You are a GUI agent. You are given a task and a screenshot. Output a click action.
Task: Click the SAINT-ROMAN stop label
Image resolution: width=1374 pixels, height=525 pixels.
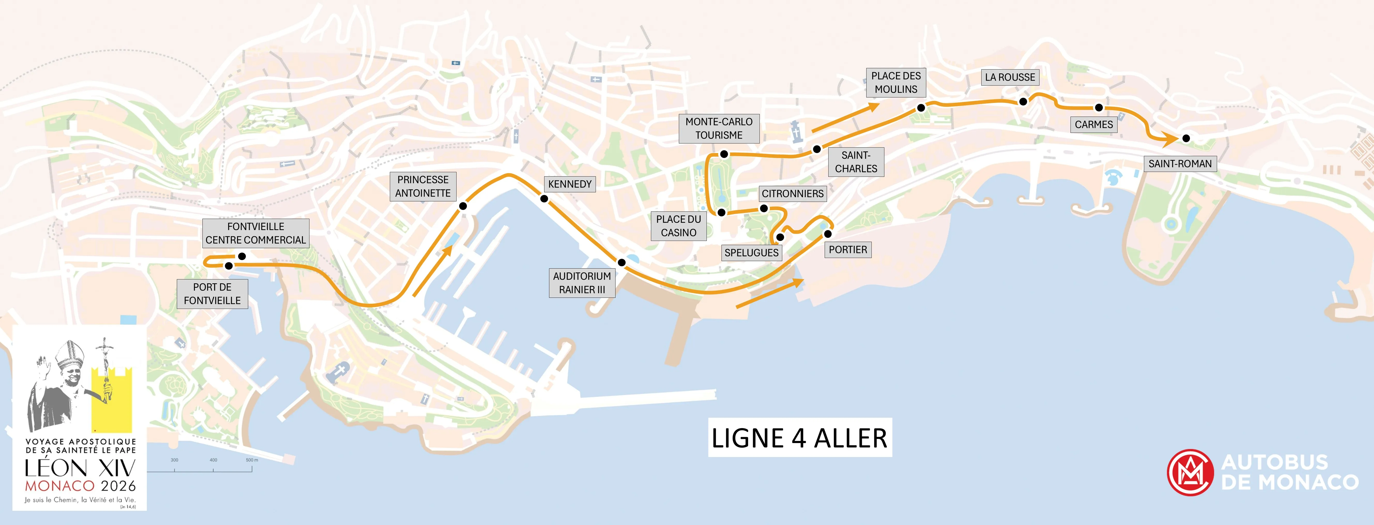tap(1180, 164)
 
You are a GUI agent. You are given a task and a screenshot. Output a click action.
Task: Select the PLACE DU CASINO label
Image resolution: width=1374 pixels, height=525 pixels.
tap(678, 226)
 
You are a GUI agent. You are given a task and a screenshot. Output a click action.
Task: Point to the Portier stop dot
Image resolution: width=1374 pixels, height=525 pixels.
tap(828, 234)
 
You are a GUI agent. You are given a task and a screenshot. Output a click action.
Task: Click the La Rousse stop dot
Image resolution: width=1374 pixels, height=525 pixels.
tap(1023, 101)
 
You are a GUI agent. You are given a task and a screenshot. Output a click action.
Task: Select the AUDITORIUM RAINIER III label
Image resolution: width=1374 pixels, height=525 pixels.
tap(582, 283)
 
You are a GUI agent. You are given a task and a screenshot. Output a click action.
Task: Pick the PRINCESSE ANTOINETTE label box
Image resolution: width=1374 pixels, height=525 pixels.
tap(423, 186)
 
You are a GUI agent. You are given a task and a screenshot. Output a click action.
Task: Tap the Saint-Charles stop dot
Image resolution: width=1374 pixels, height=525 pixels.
tap(817, 149)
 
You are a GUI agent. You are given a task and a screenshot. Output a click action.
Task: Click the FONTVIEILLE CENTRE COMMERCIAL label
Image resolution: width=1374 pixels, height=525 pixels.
tap(255, 233)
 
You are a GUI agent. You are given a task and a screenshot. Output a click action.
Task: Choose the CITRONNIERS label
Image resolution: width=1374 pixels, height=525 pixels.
tap(793, 194)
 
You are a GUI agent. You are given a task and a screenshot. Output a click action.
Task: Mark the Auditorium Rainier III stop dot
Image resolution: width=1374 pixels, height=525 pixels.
tap(621, 263)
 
